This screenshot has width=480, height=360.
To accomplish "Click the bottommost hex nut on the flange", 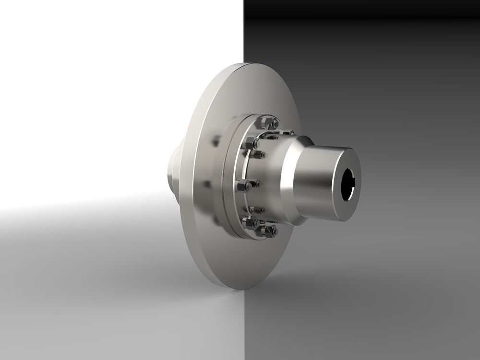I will click(x=272, y=231).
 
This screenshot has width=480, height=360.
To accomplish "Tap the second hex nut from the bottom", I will click(x=249, y=222).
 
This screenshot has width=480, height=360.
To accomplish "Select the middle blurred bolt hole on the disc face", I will click(x=207, y=184).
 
